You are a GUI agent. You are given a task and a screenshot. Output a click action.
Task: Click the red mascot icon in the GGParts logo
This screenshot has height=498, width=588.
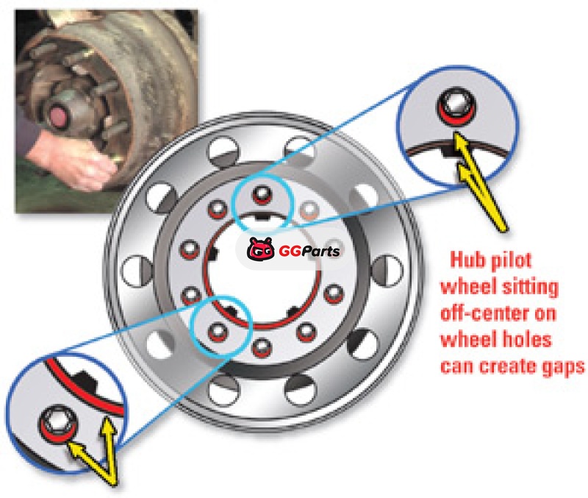[x=260, y=249]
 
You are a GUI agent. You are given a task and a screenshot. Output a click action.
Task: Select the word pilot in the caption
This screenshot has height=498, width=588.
[x=512, y=260]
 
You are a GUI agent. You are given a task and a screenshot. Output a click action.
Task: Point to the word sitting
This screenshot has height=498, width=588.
[x=531, y=288]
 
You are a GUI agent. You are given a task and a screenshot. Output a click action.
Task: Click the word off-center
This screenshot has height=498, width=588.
[x=487, y=313]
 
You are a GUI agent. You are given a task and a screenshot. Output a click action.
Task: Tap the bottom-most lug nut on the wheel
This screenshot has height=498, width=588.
[x=262, y=347]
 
